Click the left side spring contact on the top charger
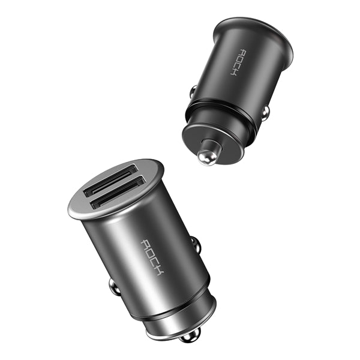pos(193,91)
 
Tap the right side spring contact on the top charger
pos(264,112)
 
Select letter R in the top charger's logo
pos(239,52)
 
